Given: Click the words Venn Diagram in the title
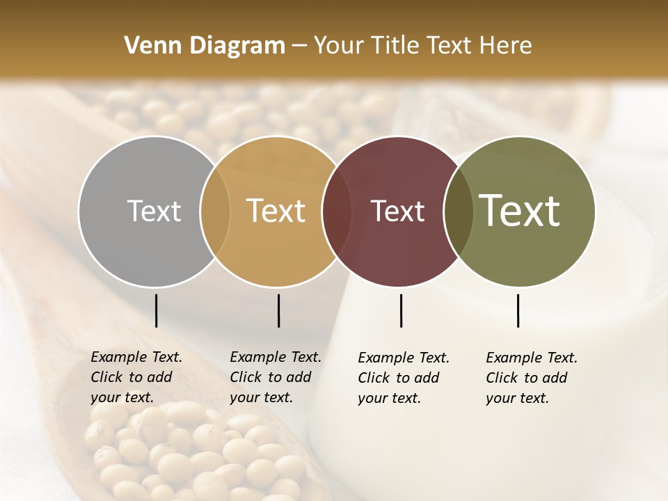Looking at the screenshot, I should click(x=205, y=46).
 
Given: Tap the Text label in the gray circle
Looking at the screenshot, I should click(x=154, y=211).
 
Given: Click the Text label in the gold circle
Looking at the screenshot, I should click(x=276, y=211).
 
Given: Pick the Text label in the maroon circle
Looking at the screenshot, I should click(x=397, y=211).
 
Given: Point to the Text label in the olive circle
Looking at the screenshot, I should click(x=520, y=211).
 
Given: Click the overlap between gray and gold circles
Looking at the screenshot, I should click(x=215, y=211).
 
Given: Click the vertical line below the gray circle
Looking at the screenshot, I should click(x=156, y=310).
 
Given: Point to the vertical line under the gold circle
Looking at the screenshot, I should click(x=278, y=310).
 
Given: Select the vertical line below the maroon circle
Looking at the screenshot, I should click(x=401, y=310).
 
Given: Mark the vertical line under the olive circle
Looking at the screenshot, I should click(x=518, y=310).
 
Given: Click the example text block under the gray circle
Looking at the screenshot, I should click(x=136, y=377).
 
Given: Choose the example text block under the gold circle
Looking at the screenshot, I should click(x=275, y=377).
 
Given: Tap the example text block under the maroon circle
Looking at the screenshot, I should click(x=403, y=378).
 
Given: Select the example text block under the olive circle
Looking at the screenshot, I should click(x=531, y=378).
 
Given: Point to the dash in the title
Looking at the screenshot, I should click(x=299, y=46).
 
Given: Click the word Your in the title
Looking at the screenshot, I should click(x=338, y=46).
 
